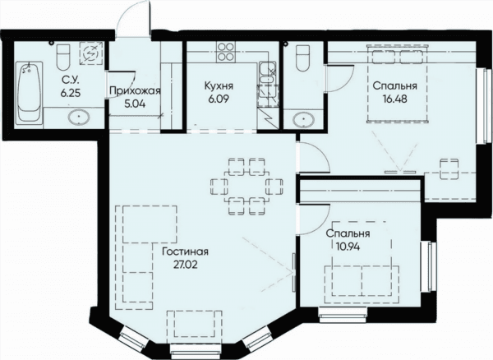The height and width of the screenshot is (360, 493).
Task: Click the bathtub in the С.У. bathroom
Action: point(29,93)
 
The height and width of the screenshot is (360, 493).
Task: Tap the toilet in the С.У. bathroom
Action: point(63,58)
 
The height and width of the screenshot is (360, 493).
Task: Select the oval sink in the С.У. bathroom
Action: point(79,118)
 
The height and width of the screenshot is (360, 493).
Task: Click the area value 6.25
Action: point(71,94)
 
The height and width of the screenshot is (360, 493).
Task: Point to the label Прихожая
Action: point(135,91)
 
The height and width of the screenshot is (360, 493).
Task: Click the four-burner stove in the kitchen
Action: point(226,52)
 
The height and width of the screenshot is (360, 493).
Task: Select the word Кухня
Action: point(219,85)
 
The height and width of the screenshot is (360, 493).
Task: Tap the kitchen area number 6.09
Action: point(219,99)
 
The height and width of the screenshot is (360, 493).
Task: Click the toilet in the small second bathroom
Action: point(304,58)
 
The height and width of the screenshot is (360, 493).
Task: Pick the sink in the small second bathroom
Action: point(303,120)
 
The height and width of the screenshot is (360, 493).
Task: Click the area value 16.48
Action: point(395,99)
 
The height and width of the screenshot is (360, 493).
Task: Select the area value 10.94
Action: point(348,247)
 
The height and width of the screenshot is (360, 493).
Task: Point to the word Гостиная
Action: point(185,252)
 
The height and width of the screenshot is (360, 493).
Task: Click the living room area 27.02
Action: point(186,265)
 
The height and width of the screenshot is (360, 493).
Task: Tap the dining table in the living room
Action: point(246,187)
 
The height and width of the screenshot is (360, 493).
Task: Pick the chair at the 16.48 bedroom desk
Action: point(449,169)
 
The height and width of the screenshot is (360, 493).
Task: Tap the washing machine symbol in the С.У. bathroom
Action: point(91,53)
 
